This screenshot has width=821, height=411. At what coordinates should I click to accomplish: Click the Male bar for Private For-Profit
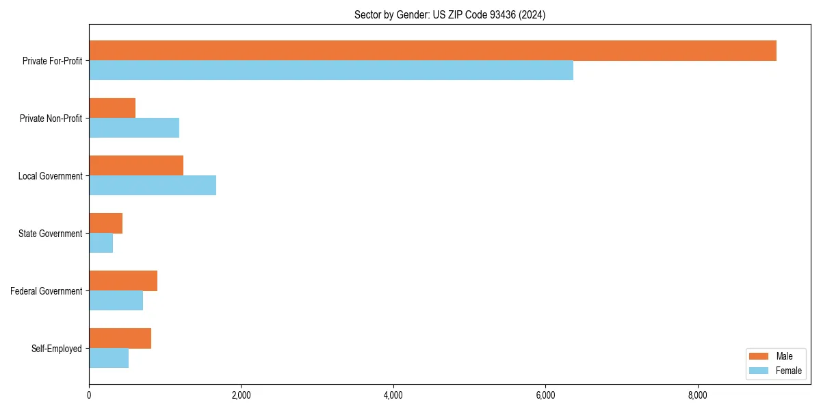pos(432,51)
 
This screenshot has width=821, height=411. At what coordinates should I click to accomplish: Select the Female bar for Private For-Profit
pos(331,71)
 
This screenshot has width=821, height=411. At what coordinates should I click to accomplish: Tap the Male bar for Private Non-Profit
pos(112,108)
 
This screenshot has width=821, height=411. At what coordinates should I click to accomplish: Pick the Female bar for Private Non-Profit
pos(134,128)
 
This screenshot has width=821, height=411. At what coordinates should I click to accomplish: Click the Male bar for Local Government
pos(136,166)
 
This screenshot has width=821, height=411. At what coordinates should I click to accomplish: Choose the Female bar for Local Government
pos(153,186)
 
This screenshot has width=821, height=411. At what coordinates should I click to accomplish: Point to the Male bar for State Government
pos(105,223)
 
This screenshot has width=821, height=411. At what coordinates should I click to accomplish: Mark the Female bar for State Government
pos(101,243)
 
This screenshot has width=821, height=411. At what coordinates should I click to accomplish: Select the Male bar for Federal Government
pos(123,281)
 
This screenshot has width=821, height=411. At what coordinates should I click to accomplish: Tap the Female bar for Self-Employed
pos(109,358)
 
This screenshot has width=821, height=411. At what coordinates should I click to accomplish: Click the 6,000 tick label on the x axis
pos(545,395)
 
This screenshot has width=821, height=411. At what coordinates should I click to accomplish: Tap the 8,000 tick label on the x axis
pos(697,395)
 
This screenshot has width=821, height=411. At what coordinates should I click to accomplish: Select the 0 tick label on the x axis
pos(89,395)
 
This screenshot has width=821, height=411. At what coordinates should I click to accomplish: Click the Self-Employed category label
pos(57,349)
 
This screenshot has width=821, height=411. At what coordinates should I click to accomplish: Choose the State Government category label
pos(50,234)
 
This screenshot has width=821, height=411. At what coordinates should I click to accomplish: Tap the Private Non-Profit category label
pos(51,119)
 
